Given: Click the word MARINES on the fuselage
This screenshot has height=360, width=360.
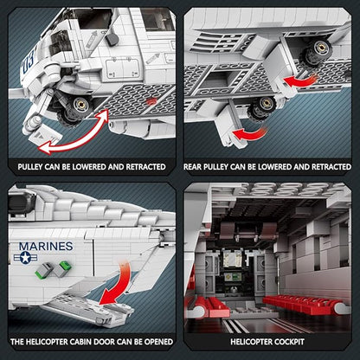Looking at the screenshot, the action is pyautogui.click(x=46, y=247).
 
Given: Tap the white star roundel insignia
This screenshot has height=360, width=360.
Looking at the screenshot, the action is pyautogui.click(x=25, y=257).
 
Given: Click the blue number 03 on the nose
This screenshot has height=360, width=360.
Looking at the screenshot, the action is pyautogui.click(x=29, y=61).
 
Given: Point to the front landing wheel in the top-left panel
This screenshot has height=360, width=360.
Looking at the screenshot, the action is pyautogui.click(x=74, y=110).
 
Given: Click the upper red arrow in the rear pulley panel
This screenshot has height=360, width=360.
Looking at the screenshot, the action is pyautogui.click(x=300, y=80).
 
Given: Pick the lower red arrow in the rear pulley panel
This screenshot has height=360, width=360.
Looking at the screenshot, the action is pyautogui.click(x=248, y=134).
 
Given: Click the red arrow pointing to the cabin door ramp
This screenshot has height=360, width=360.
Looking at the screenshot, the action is pyautogui.click(x=119, y=284).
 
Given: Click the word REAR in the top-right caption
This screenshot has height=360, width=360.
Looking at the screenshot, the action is pyautogui.click(x=193, y=167).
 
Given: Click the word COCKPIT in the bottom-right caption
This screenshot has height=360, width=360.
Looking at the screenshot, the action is pyautogui.click(x=289, y=342).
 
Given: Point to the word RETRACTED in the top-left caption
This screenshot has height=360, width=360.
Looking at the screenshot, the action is pyautogui.click(x=145, y=167).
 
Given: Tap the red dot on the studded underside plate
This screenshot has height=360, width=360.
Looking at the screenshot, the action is pyautogui.click(x=151, y=101).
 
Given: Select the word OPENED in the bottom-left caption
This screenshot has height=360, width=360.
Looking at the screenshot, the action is pyautogui.click(x=158, y=342).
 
